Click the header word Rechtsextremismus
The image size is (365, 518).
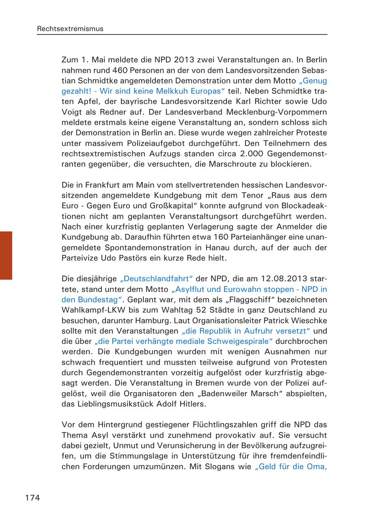tap(70, 29)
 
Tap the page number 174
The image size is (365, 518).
tap(33, 498)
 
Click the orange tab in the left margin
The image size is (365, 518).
tap(6, 255)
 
